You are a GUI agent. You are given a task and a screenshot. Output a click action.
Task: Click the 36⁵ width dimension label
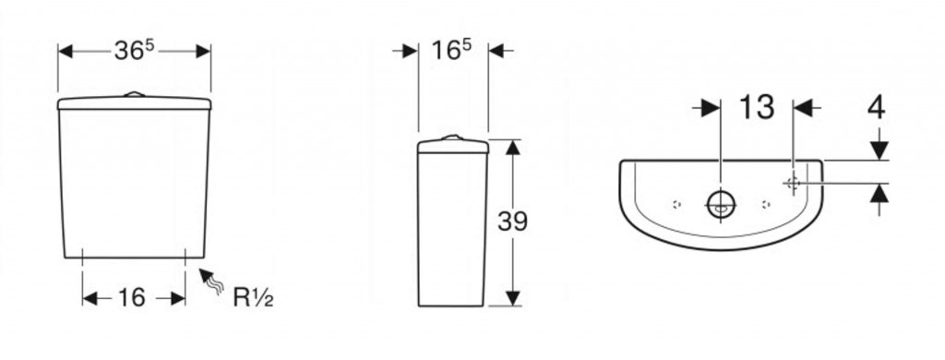pos(135,52)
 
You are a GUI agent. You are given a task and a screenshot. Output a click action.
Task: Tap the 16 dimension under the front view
pos(131,298)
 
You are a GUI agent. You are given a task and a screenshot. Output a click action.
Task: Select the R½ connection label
pos(253,297)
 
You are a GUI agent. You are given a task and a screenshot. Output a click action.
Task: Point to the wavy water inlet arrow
pos(211,281)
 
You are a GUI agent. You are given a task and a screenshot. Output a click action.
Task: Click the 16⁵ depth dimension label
pos(451,52)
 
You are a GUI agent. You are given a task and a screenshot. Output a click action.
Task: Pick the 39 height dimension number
pos(512,222)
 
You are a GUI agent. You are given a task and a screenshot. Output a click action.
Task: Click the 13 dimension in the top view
pos(757,107)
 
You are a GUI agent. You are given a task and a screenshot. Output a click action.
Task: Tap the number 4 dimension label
pos(877,108)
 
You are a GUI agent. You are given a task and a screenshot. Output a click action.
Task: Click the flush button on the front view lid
pos(135,94)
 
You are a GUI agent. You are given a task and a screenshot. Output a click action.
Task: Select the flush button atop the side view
pos(452,138)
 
